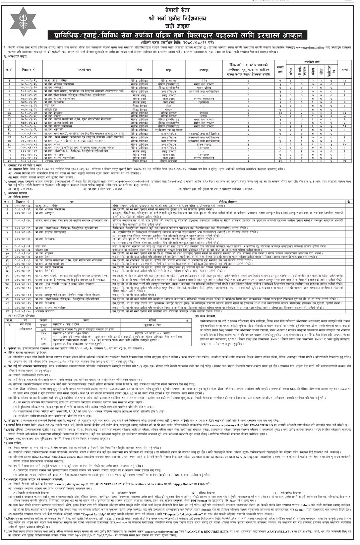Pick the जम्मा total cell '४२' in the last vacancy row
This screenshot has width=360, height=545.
point(345,161)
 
